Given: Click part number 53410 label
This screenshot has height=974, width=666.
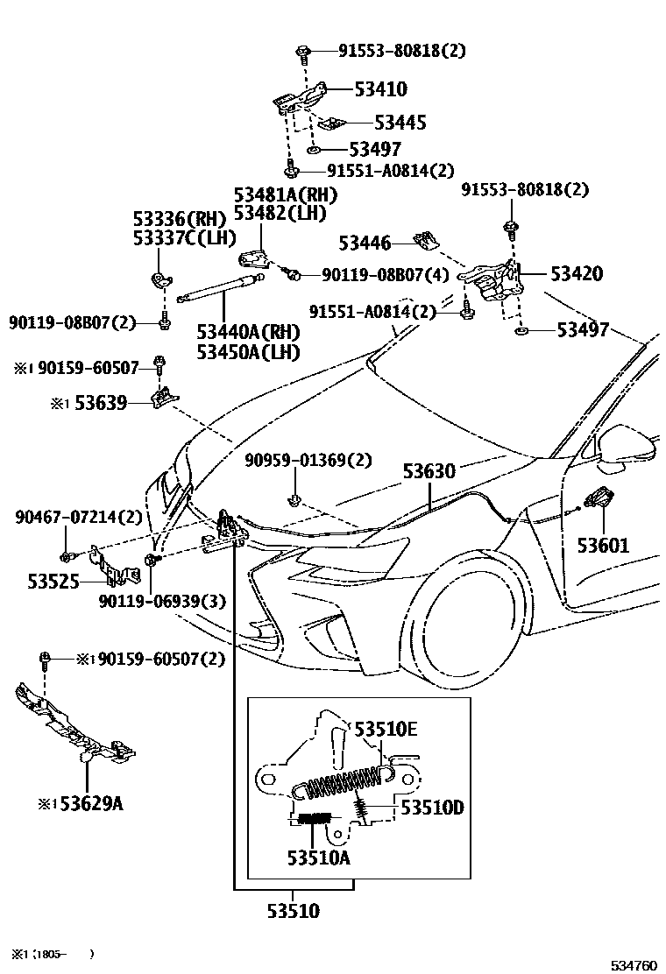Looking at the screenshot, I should coord(380,88).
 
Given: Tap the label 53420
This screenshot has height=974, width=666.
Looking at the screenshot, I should coord(576,273).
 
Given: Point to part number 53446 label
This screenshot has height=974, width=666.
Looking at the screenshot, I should coord(365,243).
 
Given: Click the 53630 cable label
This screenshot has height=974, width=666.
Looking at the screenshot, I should coord(429,471).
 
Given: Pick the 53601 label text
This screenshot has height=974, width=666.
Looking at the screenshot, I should coord(603,546).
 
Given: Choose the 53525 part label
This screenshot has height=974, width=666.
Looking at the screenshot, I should coord(42,580).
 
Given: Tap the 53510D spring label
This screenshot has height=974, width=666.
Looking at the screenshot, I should coord(432,807).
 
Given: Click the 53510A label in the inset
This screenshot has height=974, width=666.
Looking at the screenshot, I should coord(317,858).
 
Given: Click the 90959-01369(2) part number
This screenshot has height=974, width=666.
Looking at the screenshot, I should coord(308,459).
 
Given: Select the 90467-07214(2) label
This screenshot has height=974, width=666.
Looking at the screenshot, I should coord(78,518).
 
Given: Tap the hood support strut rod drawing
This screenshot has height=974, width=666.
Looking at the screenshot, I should coord(219,287).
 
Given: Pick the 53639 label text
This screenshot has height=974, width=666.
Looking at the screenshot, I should coord(101,403).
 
